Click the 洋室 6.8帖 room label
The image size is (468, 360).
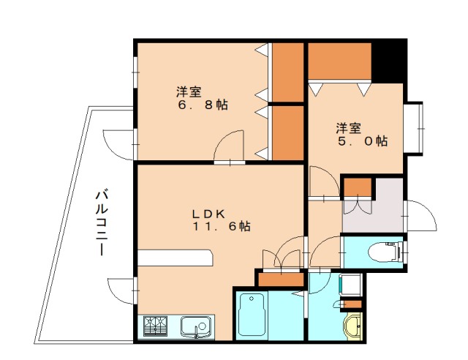coord(201,99)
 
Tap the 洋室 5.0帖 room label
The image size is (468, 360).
coord(361,135)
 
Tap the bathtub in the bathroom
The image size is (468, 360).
coord(253,314)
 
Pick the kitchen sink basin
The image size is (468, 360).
coord(195,325)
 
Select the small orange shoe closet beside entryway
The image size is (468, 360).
coord(358,187)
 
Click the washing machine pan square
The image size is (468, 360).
coord(350,282)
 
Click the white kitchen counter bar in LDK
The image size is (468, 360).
coord(175,258)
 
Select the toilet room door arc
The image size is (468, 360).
coord(325,252)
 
